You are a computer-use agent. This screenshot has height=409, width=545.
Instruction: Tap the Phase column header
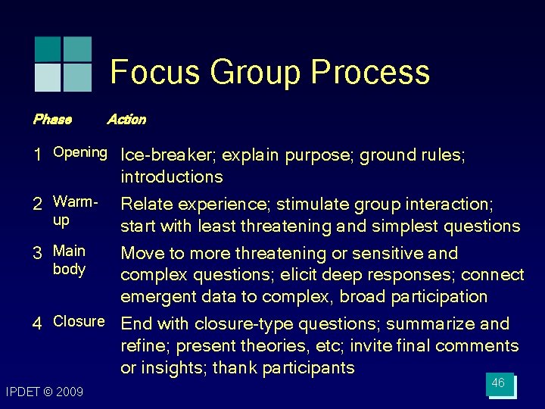click(x=52, y=119)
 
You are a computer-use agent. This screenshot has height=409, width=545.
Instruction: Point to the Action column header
click(x=126, y=119)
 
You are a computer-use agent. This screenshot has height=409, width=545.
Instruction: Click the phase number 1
click(x=37, y=155)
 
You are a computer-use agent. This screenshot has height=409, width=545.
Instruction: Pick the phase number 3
click(x=37, y=253)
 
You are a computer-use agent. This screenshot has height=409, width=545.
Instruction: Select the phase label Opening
click(x=79, y=152)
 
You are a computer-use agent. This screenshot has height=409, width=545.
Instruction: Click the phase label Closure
click(x=79, y=321)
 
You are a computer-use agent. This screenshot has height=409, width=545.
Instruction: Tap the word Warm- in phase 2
click(x=76, y=202)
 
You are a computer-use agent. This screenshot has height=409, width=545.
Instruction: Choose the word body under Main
click(x=69, y=270)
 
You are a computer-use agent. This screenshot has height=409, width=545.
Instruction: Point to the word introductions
click(x=172, y=177)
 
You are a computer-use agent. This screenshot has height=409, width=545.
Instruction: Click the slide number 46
click(x=498, y=383)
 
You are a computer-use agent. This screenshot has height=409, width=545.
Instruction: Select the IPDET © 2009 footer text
click(x=45, y=392)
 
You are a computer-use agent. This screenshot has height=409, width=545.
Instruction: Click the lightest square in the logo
click(x=48, y=77)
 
